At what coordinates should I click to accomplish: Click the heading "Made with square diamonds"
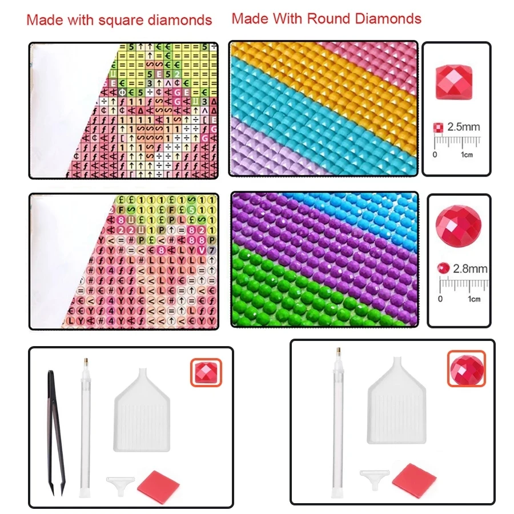coord(119,21)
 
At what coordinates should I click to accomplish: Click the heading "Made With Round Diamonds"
coord(326,18)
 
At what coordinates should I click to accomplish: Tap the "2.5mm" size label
coord(463,126)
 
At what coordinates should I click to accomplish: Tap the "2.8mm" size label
coord(470,267)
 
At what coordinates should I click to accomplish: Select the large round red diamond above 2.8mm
coord(459,223)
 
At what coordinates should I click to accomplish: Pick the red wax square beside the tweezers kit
coord(158,483)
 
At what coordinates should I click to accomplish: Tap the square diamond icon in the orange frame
coord(205,372)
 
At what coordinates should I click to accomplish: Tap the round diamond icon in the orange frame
coord(466,368)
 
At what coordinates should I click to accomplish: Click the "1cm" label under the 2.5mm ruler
coord(467,154)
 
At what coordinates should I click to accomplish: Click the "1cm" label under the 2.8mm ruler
coord(473,299)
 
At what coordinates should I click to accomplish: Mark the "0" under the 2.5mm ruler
coord(435,154)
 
